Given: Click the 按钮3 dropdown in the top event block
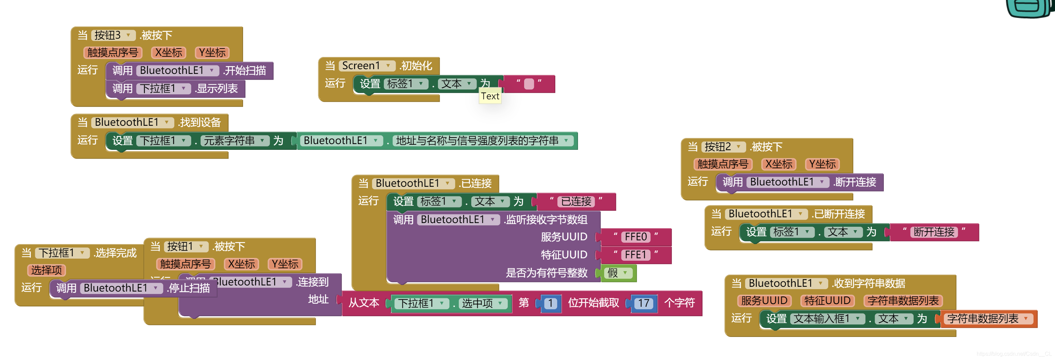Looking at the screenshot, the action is [113, 36].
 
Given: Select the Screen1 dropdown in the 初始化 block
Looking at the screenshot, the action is [366, 65].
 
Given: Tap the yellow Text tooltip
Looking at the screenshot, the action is [490, 96].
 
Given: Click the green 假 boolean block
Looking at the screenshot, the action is [618, 273].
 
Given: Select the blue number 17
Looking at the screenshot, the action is [643, 303].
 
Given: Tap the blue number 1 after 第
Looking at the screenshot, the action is [551, 303].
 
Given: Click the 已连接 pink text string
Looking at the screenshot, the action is [576, 201].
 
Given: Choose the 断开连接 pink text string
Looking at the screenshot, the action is [934, 232].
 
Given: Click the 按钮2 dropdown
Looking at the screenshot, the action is [723, 147].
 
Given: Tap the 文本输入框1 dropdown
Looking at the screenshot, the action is [827, 319].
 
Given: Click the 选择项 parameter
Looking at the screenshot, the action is [46, 270].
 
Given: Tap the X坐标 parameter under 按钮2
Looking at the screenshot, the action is [779, 164].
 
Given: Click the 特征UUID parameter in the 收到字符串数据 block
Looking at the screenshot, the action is [827, 301].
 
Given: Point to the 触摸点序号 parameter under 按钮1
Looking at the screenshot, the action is [185, 264].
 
